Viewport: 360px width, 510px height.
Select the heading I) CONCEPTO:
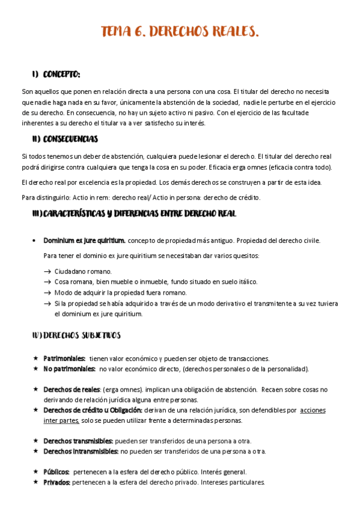click(x=56, y=75)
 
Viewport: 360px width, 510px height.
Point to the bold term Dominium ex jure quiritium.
click(x=84, y=241)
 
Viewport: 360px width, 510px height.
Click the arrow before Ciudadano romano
click(x=47, y=271)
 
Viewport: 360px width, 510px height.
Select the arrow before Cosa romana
click(x=47, y=281)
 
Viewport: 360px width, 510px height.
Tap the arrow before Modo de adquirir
click(x=47, y=292)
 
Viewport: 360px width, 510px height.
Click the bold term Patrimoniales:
click(x=64, y=358)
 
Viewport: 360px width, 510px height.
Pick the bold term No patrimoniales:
click(x=69, y=369)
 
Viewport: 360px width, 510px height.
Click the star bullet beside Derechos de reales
click(x=36, y=390)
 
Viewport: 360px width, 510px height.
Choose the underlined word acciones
click(x=313, y=410)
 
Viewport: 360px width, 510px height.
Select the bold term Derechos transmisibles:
click(x=78, y=441)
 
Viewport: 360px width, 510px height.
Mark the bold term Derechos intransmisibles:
click(x=81, y=451)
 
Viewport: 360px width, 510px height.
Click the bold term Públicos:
click(x=56, y=472)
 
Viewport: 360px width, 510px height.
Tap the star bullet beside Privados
click(x=36, y=482)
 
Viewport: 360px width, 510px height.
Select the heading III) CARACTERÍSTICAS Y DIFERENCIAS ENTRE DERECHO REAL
click(x=135, y=214)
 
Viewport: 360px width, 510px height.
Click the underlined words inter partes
click(x=61, y=420)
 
